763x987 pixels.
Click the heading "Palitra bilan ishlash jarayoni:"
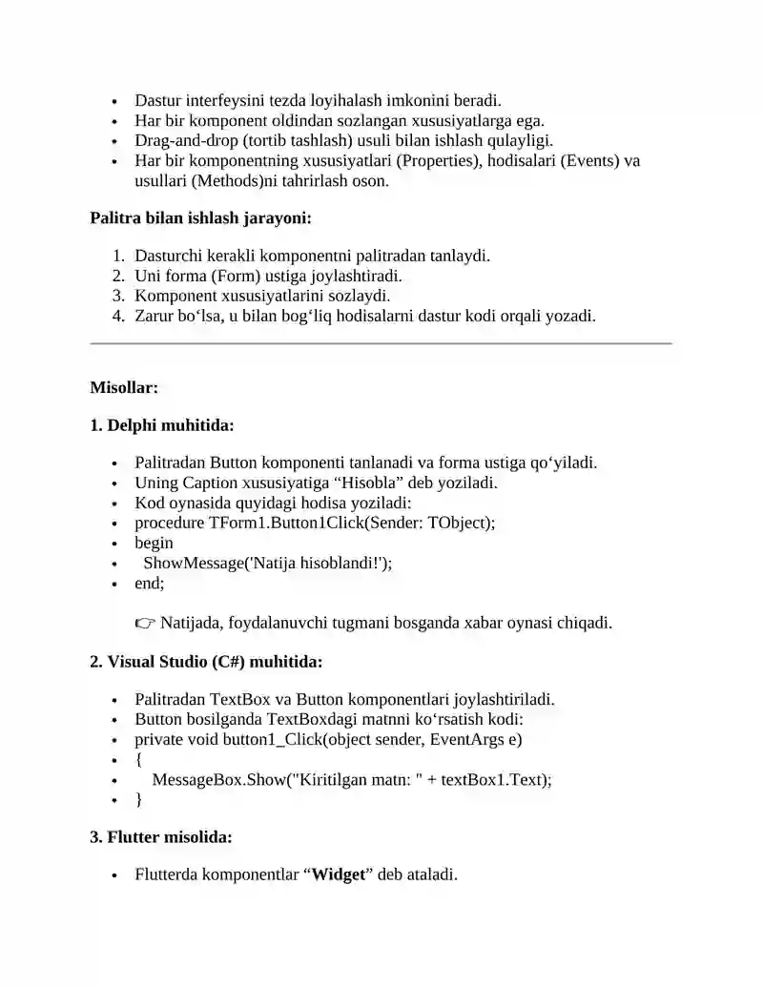tap(200, 218)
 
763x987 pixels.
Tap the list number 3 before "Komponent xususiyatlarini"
tap(118, 296)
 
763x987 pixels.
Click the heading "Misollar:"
tap(124, 387)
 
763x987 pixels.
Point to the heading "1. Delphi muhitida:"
tap(161, 425)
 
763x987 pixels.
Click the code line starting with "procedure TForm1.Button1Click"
tap(315, 523)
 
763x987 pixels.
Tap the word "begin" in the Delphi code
tap(154, 543)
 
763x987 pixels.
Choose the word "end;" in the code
tap(149, 583)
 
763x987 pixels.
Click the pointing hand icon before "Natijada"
tap(145, 624)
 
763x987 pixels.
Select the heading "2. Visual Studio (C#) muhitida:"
tap(206, 661)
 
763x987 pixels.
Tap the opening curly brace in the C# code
tap(139, 759)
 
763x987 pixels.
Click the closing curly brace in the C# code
tap(139, 799)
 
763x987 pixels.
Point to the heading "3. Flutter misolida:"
tap(161, 837)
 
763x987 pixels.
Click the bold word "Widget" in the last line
tap(340, 874)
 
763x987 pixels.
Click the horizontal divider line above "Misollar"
tap(381, 343)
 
